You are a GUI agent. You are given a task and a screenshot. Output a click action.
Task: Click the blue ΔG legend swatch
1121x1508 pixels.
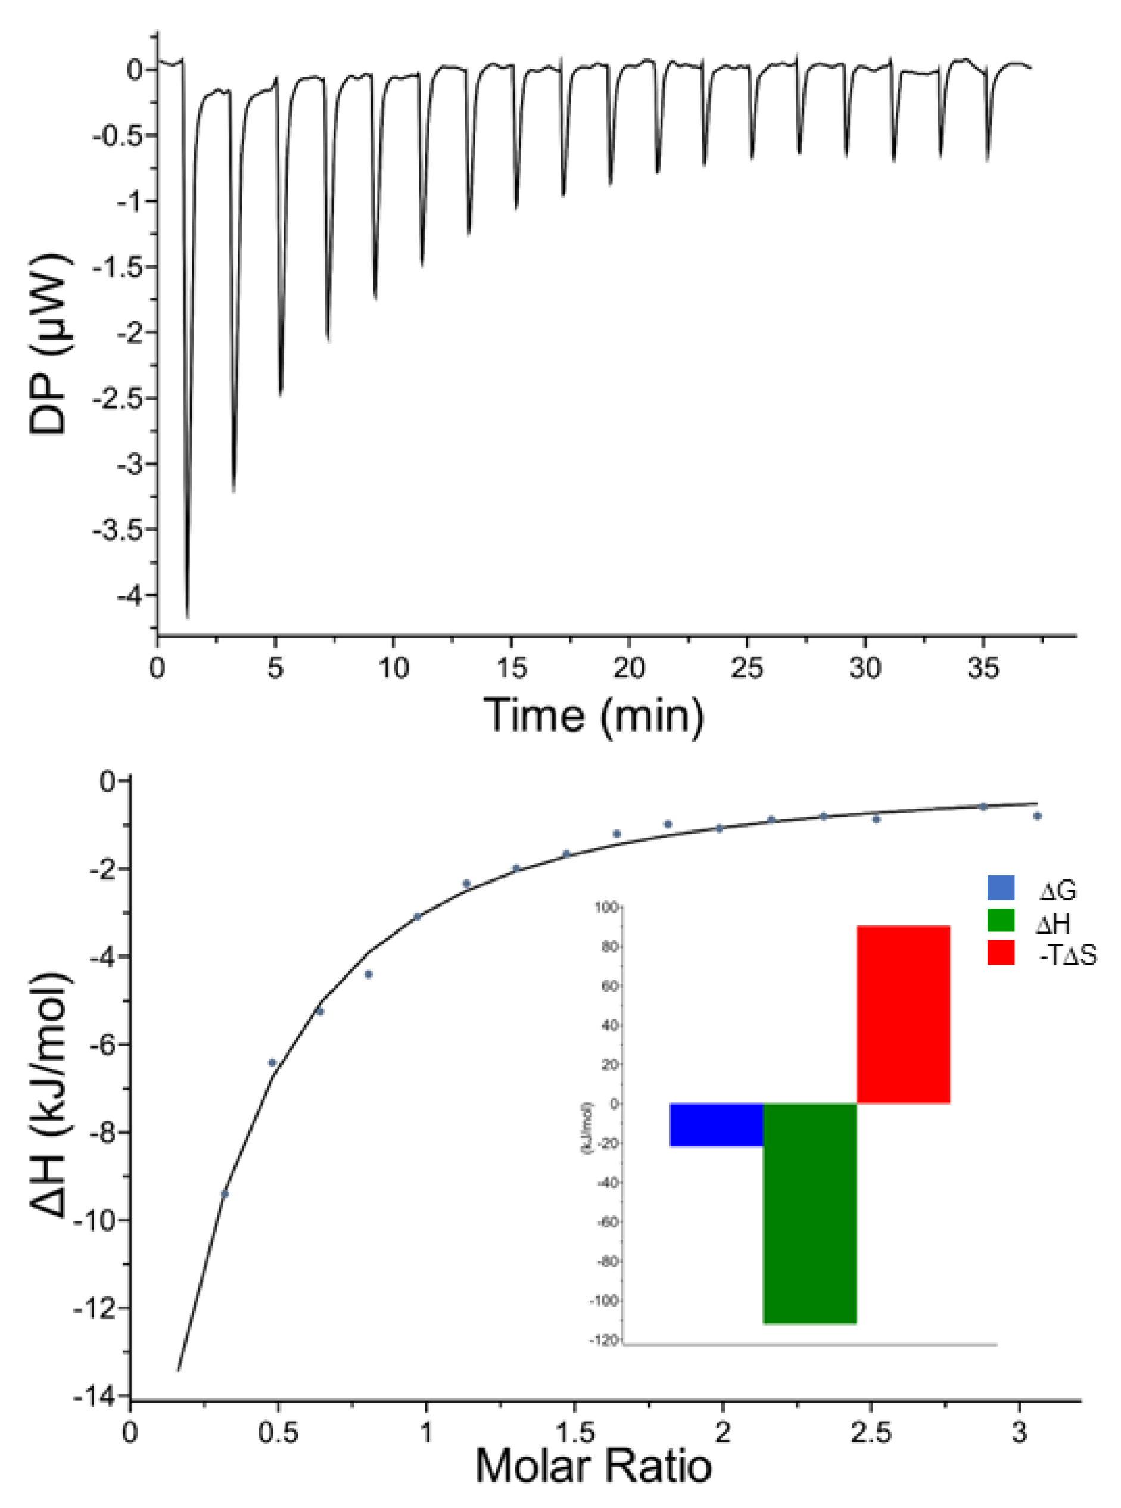tap(1001, 888)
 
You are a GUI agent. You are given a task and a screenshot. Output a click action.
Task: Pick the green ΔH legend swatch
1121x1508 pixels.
tap(1001, 921)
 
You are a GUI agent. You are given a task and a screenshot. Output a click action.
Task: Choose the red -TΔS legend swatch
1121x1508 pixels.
tap(1001, 953)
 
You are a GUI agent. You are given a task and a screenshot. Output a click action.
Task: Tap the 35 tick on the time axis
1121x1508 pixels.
tap(983, 669)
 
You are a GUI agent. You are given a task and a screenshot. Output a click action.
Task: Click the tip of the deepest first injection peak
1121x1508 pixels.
tap(188, 616)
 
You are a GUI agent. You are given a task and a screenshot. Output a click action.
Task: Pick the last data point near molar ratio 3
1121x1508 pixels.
tap(1037, 816)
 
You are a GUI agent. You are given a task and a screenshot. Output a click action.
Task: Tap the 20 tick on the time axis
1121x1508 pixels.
tap(628, 669)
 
